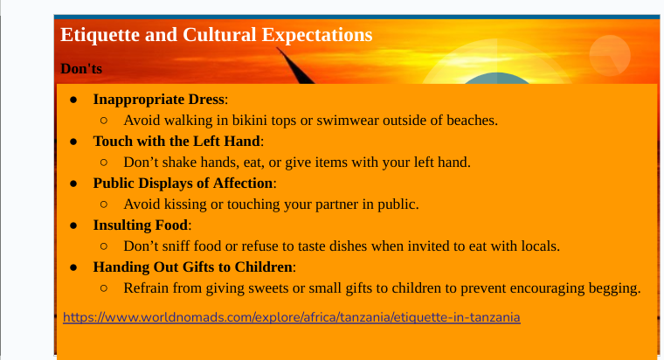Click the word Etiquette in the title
100,35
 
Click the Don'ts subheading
81,69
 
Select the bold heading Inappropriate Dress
159,100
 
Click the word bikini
249,121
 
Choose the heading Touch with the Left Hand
176,141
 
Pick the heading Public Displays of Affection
183,183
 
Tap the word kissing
185,204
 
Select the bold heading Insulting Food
141,225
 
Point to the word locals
540,246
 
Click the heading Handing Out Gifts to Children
193,267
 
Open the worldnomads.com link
291,317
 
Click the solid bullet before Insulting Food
73,225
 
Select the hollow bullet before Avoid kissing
104,204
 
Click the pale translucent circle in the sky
610,55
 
